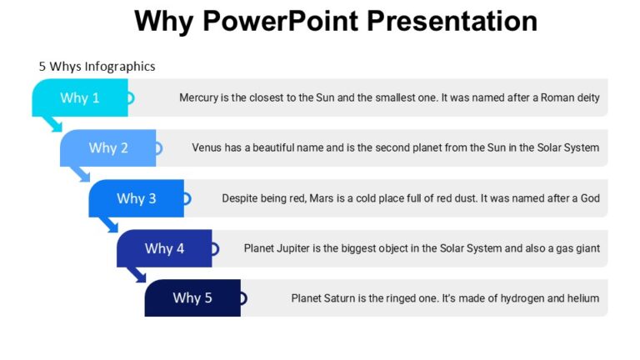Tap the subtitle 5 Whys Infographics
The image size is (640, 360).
[x=97, y=66]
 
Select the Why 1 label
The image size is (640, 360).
[x=80, y=97]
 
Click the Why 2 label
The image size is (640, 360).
[x=108, y=147]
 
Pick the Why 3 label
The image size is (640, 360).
[x=136, y=198]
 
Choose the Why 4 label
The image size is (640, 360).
[x=164, y=248]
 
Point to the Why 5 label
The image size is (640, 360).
[x=192, y=297]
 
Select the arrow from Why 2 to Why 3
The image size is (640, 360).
[x=82, y=174]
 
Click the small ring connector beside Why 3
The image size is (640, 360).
[x=187, y=198]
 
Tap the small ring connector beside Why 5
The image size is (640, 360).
[x=243, y=297]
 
